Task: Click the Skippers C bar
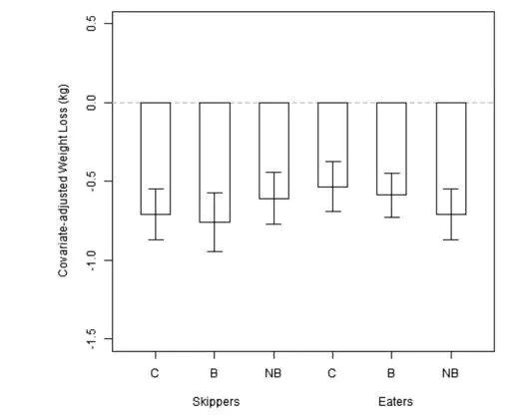pos(156,159)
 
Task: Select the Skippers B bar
pos(215,163)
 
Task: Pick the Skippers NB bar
pos(273,151)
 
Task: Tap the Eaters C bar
pos(332,145)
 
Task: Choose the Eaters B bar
pos(391,149)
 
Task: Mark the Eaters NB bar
pos(451,159)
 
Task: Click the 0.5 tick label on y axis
pos(91,23)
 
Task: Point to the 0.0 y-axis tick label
pos(91,103)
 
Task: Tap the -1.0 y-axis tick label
pos(91,259)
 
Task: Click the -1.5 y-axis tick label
pos(91,338)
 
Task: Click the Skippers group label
pos(216,402)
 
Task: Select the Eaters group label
pos(395,402)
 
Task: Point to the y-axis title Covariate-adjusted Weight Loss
pos(64,181)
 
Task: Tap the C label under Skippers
pos(155,373)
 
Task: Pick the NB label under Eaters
pos(450,373)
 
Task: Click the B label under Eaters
pos(391,373)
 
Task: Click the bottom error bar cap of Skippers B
pos(215,251)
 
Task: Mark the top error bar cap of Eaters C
pos(332,162)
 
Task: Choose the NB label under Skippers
pos(273,373)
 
